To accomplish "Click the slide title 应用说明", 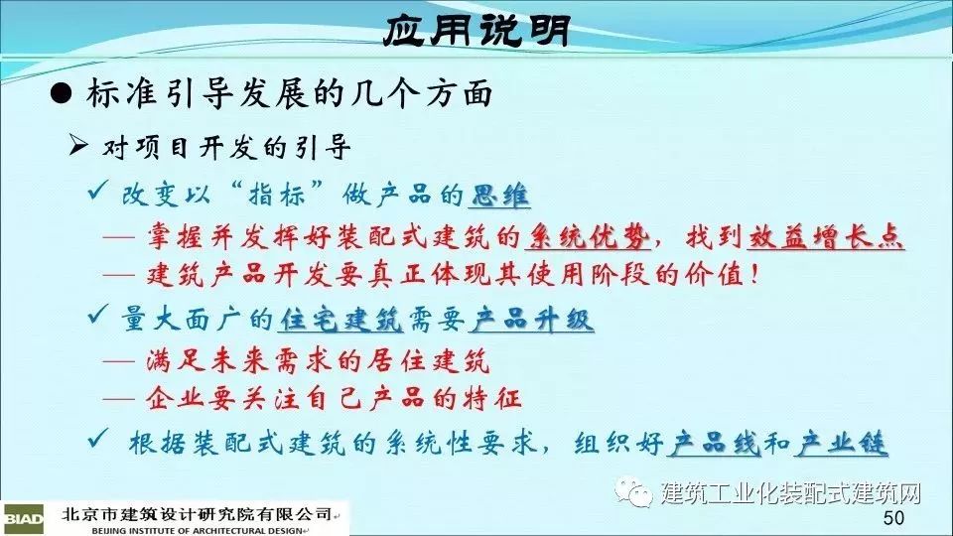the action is coord(477,30).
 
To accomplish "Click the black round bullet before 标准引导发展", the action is coord(61,95).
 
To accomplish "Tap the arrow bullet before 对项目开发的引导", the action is coord(78,146).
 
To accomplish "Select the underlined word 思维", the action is coord(499,196).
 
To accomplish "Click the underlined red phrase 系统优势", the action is coord(588,236).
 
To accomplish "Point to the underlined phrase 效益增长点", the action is coord(825,236).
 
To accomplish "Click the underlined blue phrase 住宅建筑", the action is coord(340,319).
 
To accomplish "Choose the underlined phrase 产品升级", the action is coord(531,319).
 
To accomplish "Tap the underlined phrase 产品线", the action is coord(714,443).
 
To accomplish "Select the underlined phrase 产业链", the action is coord(843,443).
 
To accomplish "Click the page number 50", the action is coord(893,518).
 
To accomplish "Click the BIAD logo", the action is coord(23,519).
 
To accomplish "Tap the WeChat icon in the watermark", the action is coord(634,490).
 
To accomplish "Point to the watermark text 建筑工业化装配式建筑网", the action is coord(791,493).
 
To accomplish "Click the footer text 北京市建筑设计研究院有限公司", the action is coord(197,514).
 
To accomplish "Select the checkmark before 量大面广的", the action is coord(98,314).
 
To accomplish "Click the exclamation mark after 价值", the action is coord(754,275).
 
